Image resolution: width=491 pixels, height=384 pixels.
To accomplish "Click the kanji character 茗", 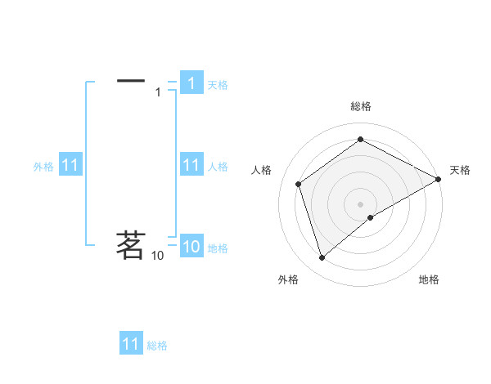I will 131,244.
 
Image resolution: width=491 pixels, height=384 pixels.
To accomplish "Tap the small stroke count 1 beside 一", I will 158,92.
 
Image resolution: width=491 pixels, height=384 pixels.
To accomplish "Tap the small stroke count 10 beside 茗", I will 157,256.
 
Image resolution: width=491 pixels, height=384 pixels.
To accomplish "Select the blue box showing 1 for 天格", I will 191,83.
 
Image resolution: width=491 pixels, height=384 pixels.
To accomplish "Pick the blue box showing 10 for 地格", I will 191,247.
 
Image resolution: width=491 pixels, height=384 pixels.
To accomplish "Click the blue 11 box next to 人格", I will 191,165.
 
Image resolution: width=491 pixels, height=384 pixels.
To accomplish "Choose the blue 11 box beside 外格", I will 70,166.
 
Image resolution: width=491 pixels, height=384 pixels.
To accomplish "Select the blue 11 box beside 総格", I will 131,344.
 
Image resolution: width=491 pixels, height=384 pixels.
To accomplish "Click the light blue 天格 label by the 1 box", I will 218,84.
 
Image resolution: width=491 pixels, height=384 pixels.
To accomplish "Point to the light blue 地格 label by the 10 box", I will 218,248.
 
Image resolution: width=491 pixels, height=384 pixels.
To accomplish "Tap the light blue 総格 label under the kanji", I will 157,345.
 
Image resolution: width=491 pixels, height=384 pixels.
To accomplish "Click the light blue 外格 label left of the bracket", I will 43,167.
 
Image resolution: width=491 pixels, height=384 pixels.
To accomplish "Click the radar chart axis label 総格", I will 361,106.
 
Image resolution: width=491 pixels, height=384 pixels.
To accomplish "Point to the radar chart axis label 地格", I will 429,279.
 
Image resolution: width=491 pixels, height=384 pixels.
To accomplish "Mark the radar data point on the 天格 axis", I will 439,179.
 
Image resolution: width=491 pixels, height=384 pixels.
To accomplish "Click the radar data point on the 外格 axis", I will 322,258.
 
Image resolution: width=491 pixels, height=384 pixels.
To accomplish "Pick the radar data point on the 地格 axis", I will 371,217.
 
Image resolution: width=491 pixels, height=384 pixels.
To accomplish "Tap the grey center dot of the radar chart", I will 361,203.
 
